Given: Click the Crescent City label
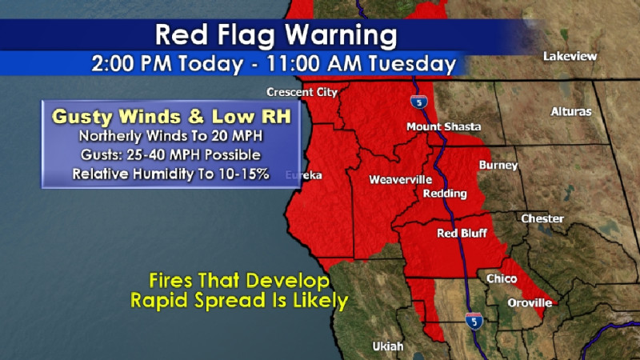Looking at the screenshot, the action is pyautogui.click(x=302, y=92).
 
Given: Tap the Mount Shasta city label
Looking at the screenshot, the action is pyautogui.click(x=443, y=127).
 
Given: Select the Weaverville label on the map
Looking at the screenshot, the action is pyautogui.click(x=395, y=180).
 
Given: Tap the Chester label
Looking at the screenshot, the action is pyautogui.click(x=542, y=218).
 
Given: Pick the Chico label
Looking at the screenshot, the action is pyautogui.click(x=502, y=278).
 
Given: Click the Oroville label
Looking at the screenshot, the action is pyautogui.click(x=530, y=303).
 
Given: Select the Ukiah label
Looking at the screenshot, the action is pyautogui.click(x=388, y=346).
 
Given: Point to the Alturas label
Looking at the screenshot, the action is pyautogui.click(x=571, y=112).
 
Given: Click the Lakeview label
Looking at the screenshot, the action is pyautogui.click(x=570, y=57).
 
